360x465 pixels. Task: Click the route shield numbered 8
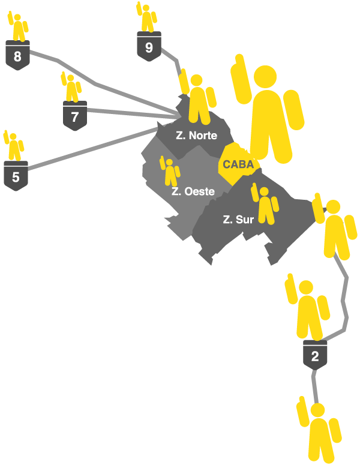17,56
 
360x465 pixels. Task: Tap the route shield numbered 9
149,47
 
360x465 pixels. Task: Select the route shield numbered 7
75,116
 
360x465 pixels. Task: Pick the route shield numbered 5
16,176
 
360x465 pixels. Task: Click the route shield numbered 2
315,356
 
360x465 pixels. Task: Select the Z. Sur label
238,220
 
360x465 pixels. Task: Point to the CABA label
238,164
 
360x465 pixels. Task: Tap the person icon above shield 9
147,17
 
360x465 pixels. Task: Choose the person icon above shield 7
73,88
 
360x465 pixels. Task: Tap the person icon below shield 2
318,432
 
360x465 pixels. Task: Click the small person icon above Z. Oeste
170,172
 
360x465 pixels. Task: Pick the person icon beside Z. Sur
265,203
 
